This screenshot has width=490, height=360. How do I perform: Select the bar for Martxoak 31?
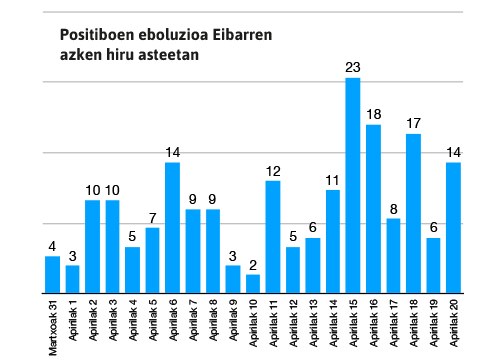point(53,274)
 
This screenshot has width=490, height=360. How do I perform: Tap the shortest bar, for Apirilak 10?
point(253,283)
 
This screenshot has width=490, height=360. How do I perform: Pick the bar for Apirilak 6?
point(173,227)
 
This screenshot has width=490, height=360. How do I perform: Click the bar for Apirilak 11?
point(273,236)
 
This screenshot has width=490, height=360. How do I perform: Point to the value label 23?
point(353,68)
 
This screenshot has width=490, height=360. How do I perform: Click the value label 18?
point(373,115)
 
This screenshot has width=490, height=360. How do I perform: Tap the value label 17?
point(413,124)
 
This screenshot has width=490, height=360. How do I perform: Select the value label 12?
point(273,171)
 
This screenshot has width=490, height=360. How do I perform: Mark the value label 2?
point(253,265)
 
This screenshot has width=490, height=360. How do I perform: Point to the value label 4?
point(53,246)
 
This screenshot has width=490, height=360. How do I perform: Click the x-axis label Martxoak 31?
point(53,328)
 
